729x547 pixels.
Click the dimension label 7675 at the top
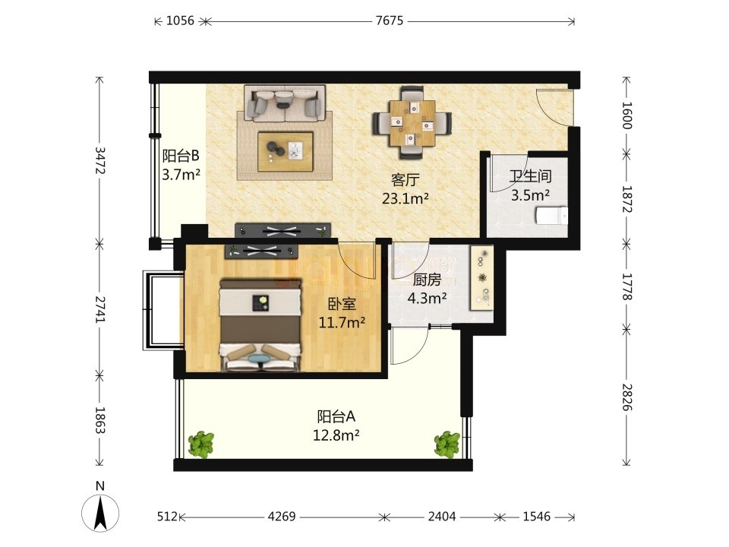coord(390,21)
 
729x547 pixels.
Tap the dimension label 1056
coord(180,21)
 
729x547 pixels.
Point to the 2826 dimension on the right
coord(626,397)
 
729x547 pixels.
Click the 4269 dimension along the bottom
coord(282,517)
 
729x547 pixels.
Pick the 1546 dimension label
coord(537,517)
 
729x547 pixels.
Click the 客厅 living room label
coord(406,179)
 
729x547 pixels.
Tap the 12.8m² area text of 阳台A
coord(336,436)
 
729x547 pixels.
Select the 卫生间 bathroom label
coord(531,175)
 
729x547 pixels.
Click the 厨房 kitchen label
coord(427,280)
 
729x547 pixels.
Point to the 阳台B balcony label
coord(181,155)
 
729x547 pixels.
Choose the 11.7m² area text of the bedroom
coord(342,322)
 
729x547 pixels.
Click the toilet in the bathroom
coord(552,216)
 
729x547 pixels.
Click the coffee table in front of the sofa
coord(286,152)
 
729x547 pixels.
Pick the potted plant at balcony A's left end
coord(201,444)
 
